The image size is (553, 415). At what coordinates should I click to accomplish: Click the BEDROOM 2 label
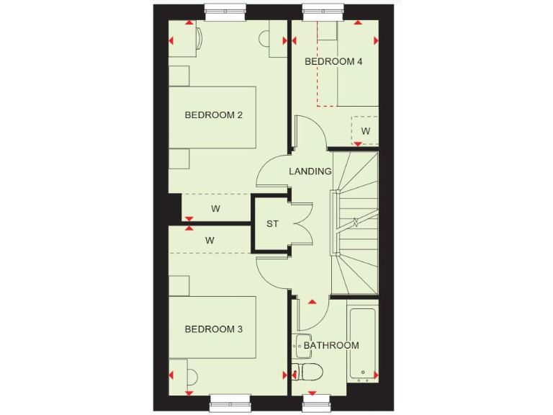tap(213, 115)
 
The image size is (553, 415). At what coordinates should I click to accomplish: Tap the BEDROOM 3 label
tap(213, 329)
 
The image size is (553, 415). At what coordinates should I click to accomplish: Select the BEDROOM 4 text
tap(333, 61)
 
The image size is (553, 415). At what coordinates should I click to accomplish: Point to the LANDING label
tap(310, 171)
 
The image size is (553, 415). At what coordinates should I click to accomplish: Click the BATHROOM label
tap(331, 346)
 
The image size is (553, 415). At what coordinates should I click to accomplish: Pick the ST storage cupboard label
tap(272, 224)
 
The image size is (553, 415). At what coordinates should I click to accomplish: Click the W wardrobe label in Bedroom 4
tap(366, 131)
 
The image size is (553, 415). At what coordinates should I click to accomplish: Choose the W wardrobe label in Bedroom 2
tap(215, 209)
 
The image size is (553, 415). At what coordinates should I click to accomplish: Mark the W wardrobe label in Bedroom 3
tap(210, 240)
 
